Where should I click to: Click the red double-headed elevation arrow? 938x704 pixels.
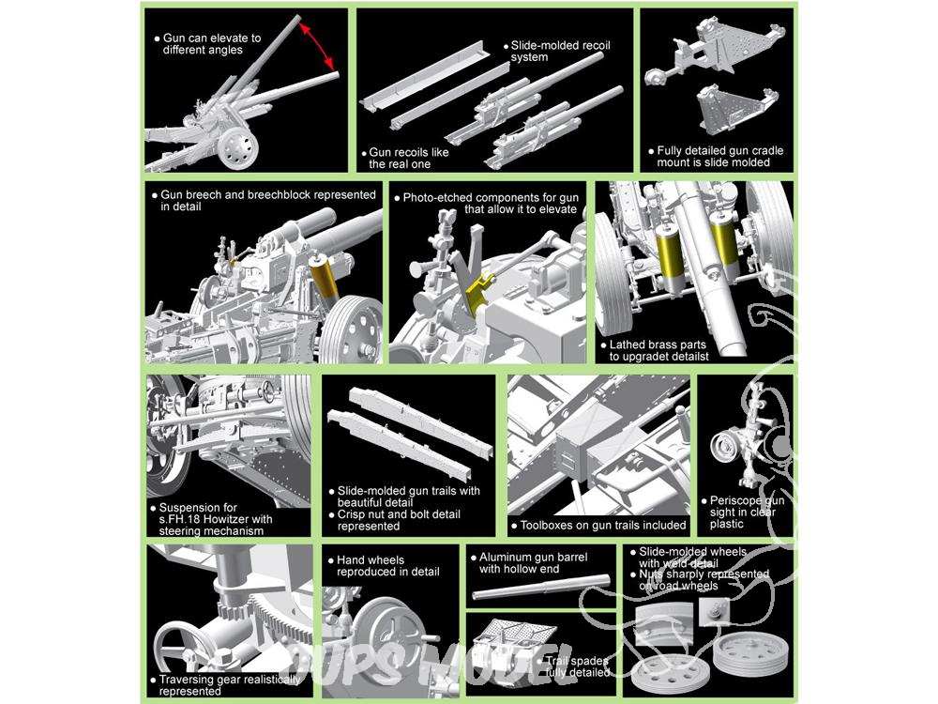(319, 44)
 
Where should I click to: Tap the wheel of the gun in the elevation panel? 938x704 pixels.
(237, 147)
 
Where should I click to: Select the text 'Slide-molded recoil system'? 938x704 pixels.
(561, 51)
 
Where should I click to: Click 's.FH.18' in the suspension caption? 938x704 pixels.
(180, 519)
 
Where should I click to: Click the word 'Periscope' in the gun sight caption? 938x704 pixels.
(735, 500)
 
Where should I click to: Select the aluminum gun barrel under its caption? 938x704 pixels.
(541, 587)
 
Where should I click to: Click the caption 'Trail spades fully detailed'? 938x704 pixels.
(577, 666)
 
